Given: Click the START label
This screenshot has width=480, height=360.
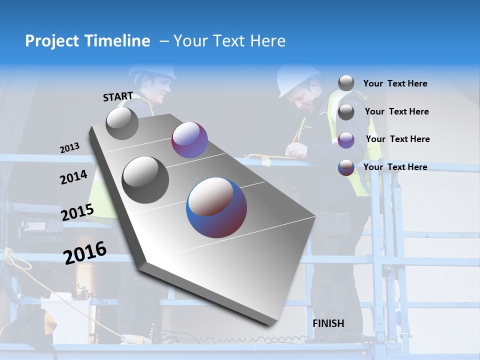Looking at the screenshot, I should tap(118, 96).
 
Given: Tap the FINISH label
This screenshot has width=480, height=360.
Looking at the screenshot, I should tap(328, 323).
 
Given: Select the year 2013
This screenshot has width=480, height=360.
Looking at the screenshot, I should tap(69, 148).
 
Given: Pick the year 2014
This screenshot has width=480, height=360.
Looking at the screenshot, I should tap(74, 177).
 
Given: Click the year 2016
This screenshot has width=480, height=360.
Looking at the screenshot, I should tap(85, 253).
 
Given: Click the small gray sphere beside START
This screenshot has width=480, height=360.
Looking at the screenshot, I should tap(122, 123).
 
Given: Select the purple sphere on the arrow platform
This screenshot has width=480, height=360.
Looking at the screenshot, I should tap(189, 140).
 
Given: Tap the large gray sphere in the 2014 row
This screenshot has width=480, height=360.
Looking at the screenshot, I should tap(145, 179).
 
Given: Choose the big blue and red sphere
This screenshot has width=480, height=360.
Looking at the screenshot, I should tap(216, 207).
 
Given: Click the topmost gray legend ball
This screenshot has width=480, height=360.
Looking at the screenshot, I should tap(346, 83).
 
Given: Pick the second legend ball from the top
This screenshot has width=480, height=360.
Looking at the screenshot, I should tap(346, 112).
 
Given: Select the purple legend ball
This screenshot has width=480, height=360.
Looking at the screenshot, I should tap(346, 139).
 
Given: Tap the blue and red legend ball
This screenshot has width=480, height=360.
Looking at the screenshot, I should tap(346, 167).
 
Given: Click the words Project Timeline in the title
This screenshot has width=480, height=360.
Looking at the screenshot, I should tap(87, 41).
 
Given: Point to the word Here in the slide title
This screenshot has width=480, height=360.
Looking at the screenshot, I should tap(267, 41).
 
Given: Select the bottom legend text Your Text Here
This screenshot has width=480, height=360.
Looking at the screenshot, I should tap(395, 167).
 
